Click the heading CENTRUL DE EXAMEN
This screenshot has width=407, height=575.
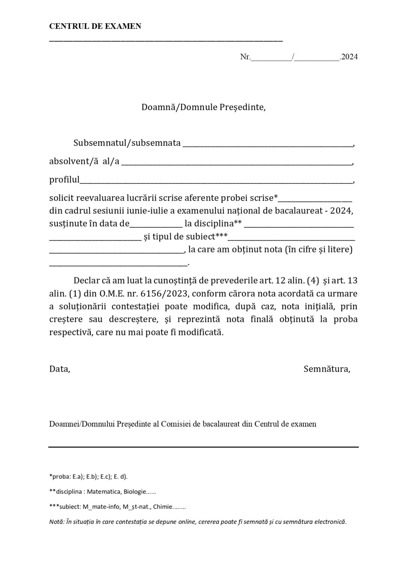coord(95,26)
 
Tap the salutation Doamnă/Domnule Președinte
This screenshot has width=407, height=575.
coord(203,107)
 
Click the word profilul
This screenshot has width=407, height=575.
coord(64,180)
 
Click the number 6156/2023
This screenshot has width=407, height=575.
coord(167,293)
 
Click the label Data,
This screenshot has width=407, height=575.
coord(60,369)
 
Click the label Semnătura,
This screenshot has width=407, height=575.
coord(327,369)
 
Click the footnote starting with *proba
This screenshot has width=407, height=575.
coord(88,477)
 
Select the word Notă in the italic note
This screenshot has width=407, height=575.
coord(56,522)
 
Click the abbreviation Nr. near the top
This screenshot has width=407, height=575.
coord(245,57)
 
